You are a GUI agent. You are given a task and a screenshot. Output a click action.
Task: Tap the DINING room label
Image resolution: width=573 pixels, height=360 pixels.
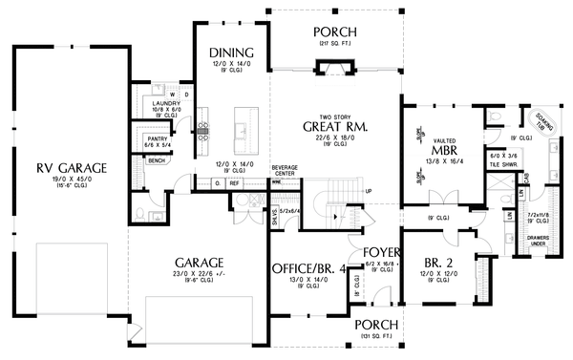tap(233, 53)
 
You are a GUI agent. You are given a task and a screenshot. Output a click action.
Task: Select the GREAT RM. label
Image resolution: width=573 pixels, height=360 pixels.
tap(336, 126)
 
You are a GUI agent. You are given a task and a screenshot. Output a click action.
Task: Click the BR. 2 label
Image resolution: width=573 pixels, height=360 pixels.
tap(439, 262)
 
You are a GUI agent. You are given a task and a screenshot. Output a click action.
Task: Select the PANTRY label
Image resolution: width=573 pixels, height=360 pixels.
tap(158, 139)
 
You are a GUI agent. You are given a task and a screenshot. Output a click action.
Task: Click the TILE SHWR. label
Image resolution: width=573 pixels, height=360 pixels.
tap(502, 163)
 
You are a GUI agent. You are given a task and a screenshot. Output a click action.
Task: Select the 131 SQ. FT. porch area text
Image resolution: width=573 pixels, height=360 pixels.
tap(376, 336)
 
